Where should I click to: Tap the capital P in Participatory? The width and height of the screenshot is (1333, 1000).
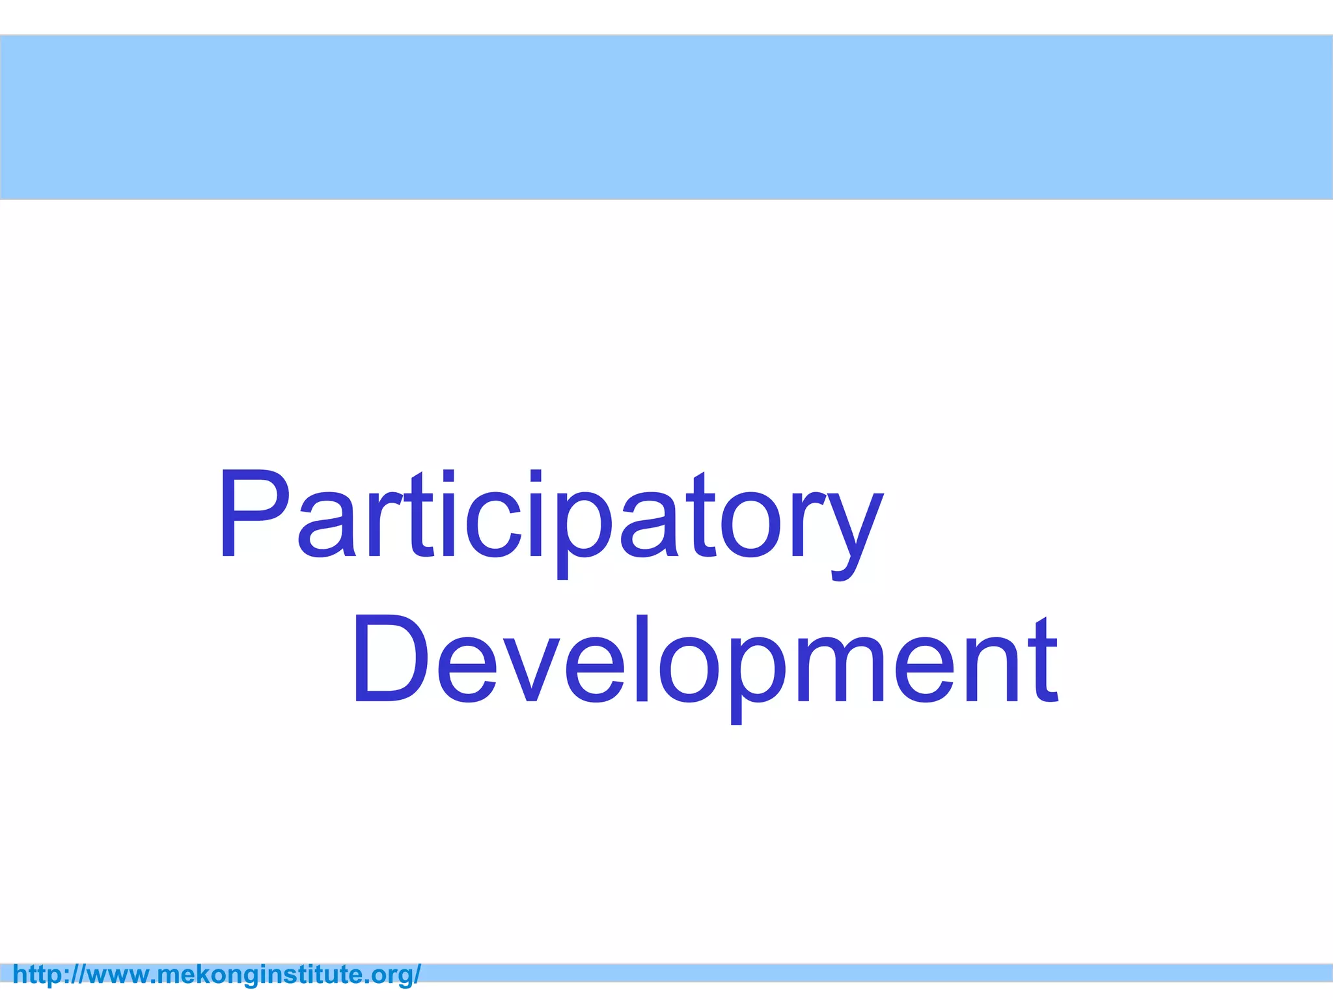[x=254, y=514]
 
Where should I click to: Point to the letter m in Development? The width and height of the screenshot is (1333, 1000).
[x=836, y=671]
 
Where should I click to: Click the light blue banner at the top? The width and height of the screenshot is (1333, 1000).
[x=666, y=117]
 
